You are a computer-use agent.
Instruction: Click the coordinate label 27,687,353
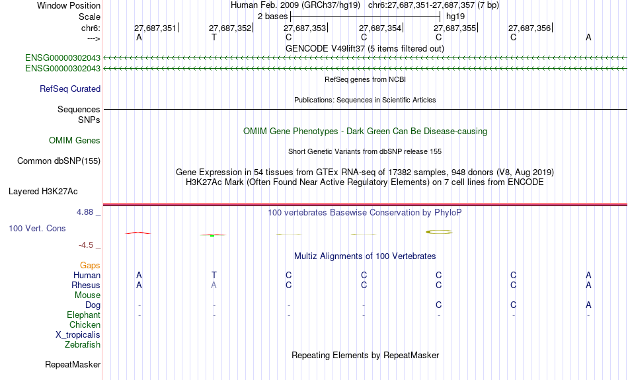coord(305,28)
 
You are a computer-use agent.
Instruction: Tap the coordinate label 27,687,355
coord(455,28)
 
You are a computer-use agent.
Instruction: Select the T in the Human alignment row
coord(214,275)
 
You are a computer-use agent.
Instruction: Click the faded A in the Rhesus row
coord(214,285)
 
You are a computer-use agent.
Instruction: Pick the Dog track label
coord(93,305)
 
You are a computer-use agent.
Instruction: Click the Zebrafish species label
coord(83,344)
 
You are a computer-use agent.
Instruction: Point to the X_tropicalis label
coord(78,335)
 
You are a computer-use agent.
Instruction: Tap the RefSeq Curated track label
coord(70,89)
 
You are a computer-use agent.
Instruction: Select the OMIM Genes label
coord(75,141)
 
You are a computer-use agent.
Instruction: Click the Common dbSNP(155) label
coord(59,161)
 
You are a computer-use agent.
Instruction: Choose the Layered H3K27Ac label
coord(43,192)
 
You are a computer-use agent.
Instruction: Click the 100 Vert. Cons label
coord(37,228)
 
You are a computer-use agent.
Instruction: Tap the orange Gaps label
coord(90,266)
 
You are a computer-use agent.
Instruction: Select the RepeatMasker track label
coord(73,364)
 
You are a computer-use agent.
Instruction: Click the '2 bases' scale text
coord(272,17)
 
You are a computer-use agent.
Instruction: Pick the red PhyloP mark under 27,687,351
coord(138,233)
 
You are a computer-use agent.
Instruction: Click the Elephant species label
coord(83,315)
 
